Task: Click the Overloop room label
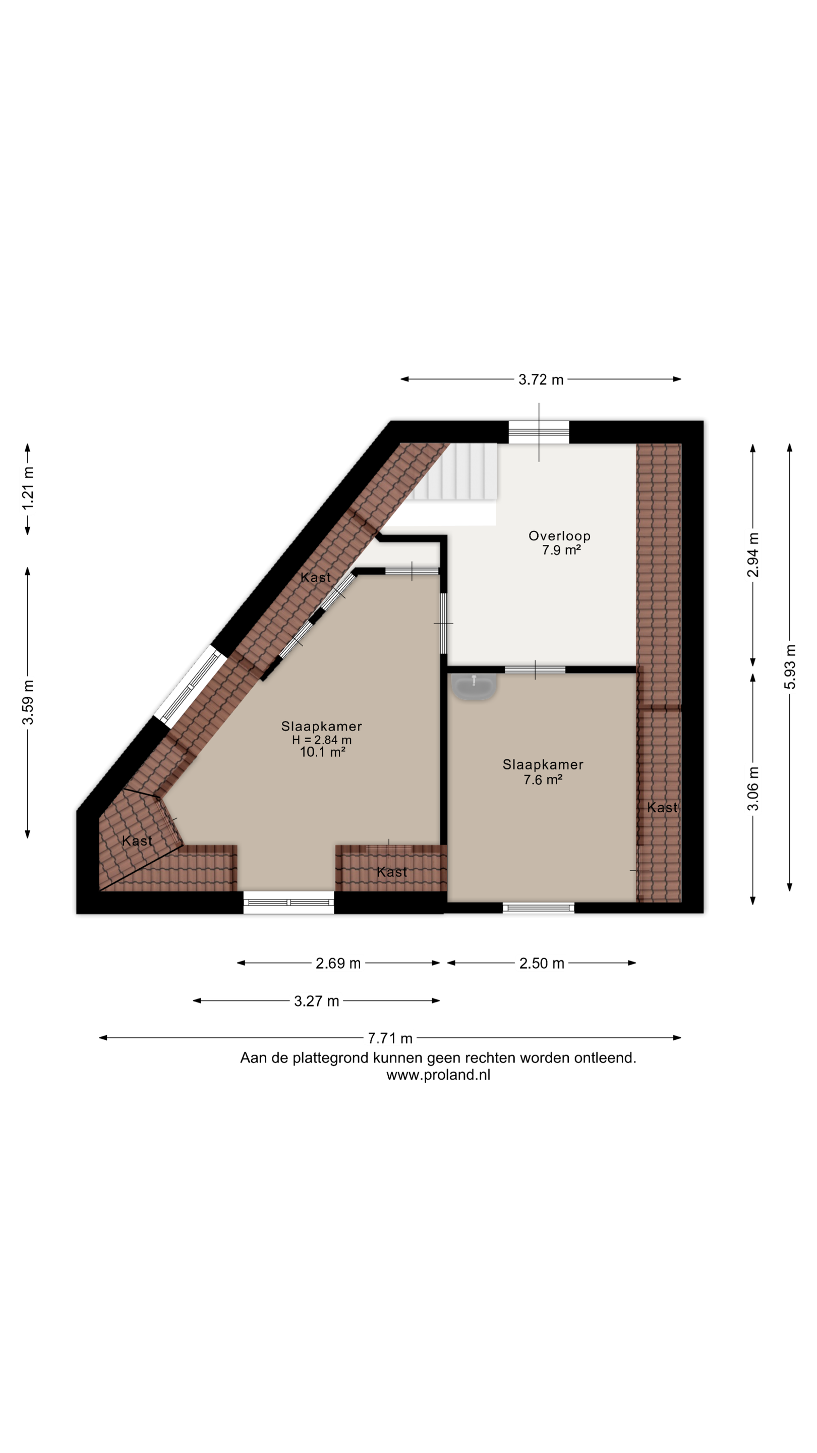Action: pyautogui.click(x=559, y=536)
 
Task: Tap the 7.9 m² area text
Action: pyautogui.click(x=561, y=550)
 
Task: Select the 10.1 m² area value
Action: pyautogui.click(x=322, y=752)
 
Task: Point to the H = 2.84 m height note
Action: pyautogui.click(x=321, y=740)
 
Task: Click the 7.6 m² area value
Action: pyautogui.click(x=543, y=779)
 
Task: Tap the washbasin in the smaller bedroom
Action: pyautogui.click(x=474, y=687)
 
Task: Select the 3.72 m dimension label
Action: pyautogui.click(x=541, y=379)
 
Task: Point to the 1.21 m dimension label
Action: pyautogui.click(x=28, y=488)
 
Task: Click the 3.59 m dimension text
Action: pyautogui.click(x=28, y=702)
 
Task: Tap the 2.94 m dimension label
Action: pyautogui.click(x=753, y=555)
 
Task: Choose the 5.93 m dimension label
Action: pyautogui.click(x=790, y=666)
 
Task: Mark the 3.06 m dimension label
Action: pyautogui.click(x=753, y=789)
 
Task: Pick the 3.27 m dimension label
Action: pyautogui.click(x=316, y=1001)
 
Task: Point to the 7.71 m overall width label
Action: pyautogui.click(x=390, y=1038)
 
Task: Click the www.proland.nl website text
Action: pyautogui.click(x=438, y=1075)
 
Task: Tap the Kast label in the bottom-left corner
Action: pyautogui.click(x=137, y=841)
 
